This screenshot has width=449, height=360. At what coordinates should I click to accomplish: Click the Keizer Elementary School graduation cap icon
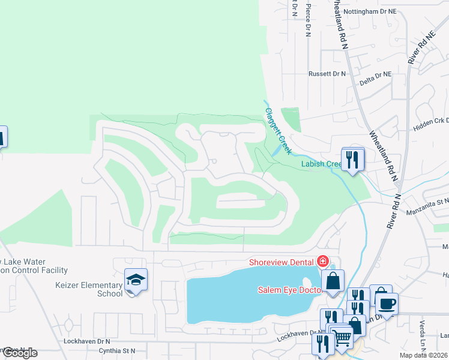coord(136,280)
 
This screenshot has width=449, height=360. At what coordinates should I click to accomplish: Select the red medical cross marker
coord(323,261)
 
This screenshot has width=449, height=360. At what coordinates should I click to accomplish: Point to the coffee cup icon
coord(387,302)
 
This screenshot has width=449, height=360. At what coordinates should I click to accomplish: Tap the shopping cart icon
coord(342,337)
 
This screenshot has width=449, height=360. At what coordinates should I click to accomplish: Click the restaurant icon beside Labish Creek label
coord(352,160)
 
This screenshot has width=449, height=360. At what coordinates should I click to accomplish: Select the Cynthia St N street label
coord(117,350)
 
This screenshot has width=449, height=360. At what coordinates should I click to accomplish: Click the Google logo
coord(19,352)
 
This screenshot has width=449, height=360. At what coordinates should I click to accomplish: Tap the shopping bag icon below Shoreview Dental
coord(333,281)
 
